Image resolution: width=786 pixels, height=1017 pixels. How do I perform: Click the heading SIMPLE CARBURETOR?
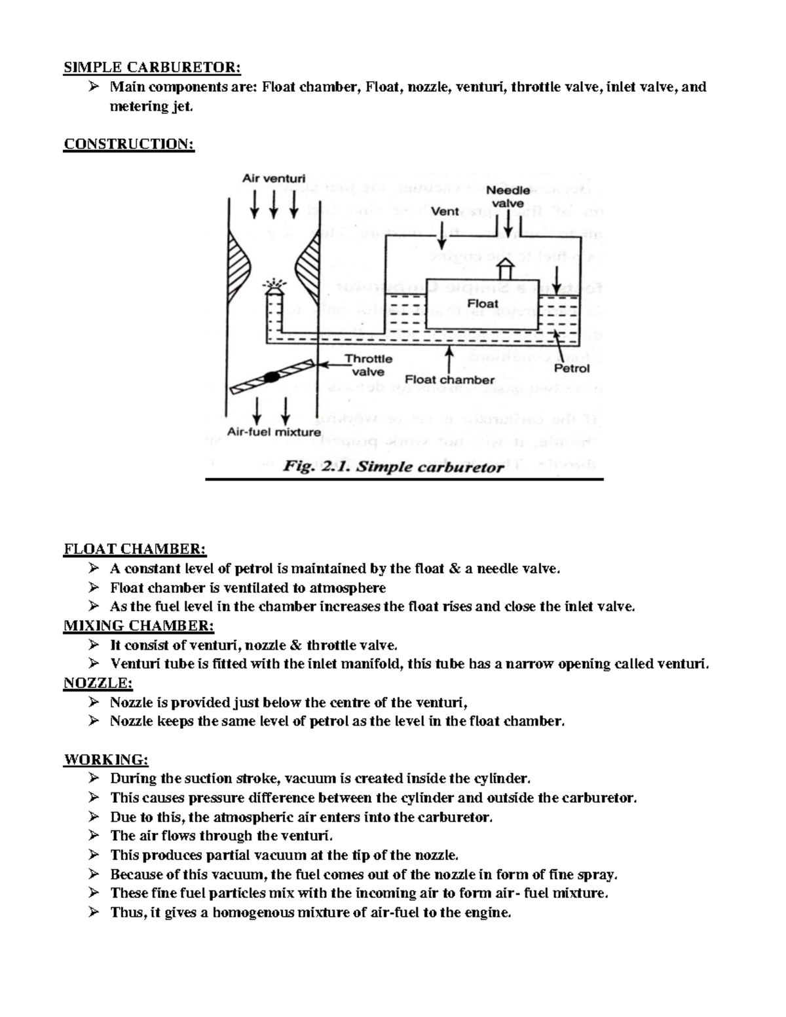coord(152,67)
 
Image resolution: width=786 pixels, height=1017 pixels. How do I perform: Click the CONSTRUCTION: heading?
coord(129,143)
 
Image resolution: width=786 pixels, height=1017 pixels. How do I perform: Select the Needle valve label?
coord(508,196)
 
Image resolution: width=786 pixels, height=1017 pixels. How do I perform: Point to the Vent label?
coord(445,212)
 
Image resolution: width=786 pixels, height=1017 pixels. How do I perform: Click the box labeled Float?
coord(483,303)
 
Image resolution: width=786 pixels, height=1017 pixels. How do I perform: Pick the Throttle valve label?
coord(368,365)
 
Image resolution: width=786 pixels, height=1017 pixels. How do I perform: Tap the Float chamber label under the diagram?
coord(449,380)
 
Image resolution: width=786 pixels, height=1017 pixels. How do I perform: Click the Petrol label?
coord(572,368)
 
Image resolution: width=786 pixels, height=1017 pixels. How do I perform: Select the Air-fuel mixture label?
coord(274,432)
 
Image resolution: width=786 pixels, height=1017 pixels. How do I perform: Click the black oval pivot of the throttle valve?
coord(271,377)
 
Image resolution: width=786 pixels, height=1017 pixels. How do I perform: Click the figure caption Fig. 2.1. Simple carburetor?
coord(393,467)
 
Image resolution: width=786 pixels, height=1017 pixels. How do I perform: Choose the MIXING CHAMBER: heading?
coord(139,625)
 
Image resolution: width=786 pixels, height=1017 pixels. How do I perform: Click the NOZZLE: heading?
coord(98,683)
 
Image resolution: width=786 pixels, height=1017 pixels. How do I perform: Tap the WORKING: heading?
coord(106,760)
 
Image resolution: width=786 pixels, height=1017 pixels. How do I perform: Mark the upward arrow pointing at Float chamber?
coord(449,358)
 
